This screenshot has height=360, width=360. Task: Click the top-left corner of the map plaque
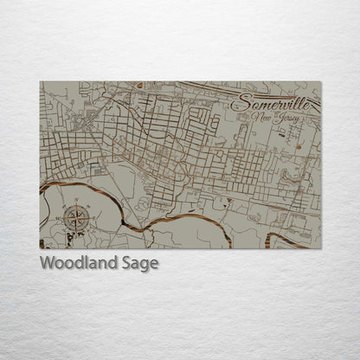pos(40,81)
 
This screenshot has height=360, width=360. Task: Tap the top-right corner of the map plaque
pos(321,81)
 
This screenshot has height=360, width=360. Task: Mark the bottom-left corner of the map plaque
pos(40,248)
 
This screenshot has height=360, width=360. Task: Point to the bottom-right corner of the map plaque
pos(321,248)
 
